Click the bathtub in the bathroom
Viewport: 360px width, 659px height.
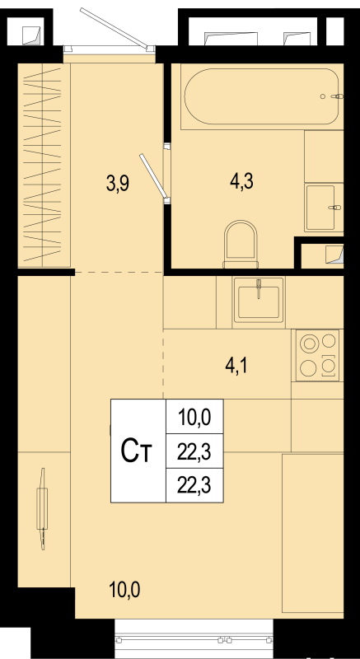coord(261,96)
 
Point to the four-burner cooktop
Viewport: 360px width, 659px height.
coord(317,355)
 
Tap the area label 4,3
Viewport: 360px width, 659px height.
coord(241,183)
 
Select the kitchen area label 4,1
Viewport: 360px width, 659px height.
coord(238,366)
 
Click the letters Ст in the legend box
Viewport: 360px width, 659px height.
coord(136,451)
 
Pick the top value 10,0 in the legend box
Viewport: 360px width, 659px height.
coord(194,418)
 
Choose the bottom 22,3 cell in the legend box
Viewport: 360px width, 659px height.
coord(194,486)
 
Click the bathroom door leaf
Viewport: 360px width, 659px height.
coord(154,175)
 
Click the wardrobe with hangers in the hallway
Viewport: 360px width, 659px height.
coord(44,166)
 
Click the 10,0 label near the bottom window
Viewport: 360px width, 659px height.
coord(124,591)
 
